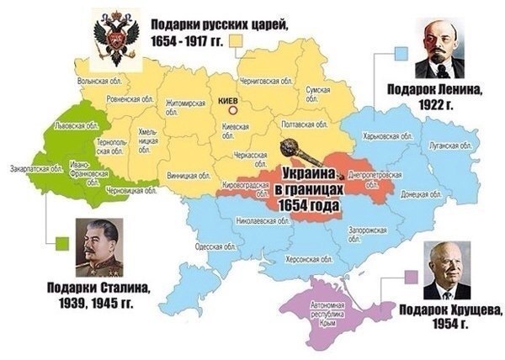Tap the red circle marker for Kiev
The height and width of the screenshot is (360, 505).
click(x=238, y=109)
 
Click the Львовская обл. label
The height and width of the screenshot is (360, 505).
click(x=72, y=124)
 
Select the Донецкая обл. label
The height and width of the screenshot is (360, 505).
click(x=412, y=193)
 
